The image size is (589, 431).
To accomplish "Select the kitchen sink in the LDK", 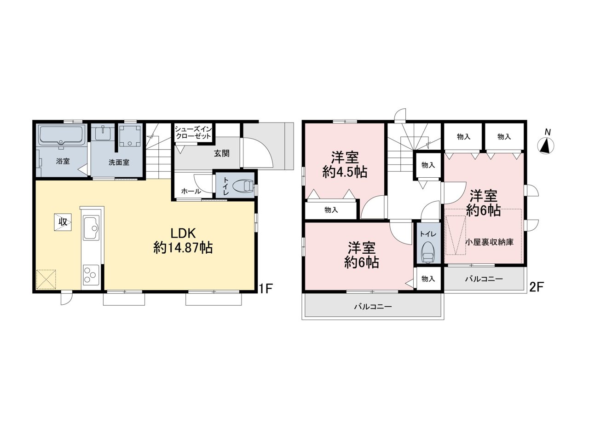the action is click(91, 227).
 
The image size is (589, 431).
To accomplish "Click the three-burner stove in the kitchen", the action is click(91, 275).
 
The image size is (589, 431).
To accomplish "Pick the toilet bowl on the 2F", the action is click(428, 252).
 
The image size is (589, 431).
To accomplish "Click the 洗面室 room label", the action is click(119, 163).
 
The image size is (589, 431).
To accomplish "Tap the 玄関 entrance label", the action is click(221, 153).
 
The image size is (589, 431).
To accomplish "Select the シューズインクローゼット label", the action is click(193, 133).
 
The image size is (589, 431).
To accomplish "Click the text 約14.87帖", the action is click(183, 248).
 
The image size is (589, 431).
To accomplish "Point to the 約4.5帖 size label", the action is click(345, 172).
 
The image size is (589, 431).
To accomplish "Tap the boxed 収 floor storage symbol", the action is click(63, 222).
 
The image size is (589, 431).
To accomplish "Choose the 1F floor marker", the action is click(266, 289).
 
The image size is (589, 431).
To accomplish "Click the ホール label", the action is click(191, 191).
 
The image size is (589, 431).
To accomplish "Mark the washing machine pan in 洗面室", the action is click(130, 135).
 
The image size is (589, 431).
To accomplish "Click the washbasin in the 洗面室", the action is click(104, 133).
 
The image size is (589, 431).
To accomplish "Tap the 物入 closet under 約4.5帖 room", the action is click(331, 210).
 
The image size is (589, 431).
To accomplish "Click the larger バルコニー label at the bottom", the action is click(373, 307).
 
